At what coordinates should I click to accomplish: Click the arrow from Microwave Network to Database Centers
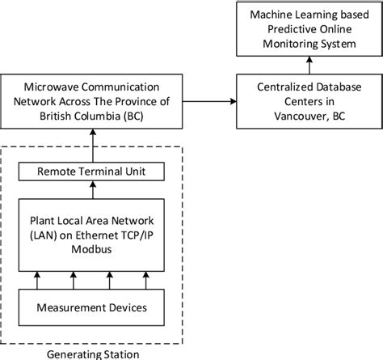208,100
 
